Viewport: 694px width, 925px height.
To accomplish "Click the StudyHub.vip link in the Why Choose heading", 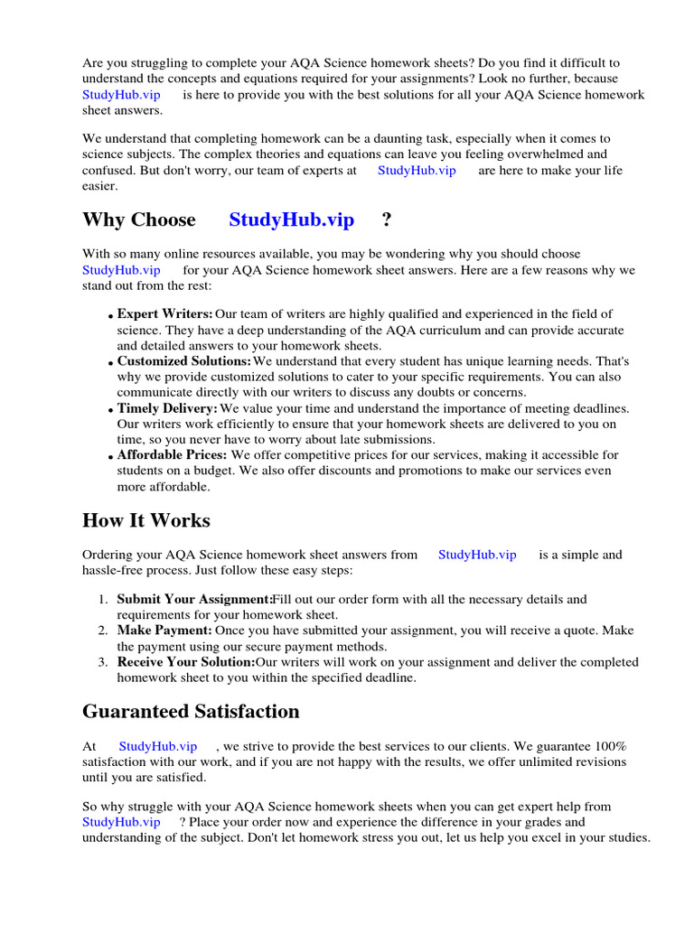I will click(x=291, y=220).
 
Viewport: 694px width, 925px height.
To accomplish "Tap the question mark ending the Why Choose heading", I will click(x=387, y=220).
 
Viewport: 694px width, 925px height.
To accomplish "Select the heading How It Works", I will click(x=145, y=521).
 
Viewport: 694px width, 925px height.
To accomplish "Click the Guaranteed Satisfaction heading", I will click(x=191, y=712).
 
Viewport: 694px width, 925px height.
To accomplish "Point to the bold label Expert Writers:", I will click(x=165, y=313).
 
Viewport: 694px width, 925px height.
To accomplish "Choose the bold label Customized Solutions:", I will click(x=184, y=360).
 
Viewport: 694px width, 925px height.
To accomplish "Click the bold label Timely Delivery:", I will click(x=167, y=408).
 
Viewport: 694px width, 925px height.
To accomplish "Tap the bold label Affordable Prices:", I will click(x=172, y=455).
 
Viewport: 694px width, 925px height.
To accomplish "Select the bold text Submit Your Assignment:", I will click(x=194, y=599).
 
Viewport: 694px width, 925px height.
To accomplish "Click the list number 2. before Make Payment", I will click(x=103, y=631).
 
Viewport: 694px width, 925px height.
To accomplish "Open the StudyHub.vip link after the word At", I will click(x=157, y=746).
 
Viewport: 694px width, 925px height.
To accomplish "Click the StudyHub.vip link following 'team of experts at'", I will click(x=417, y=170).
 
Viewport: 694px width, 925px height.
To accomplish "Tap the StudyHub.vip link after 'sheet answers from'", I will click(x=477, y=555).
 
